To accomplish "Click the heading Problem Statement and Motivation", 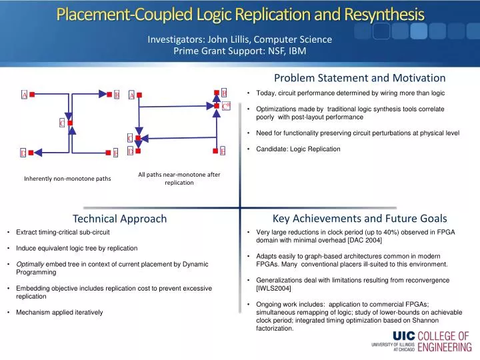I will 360,78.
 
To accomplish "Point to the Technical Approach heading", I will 119,219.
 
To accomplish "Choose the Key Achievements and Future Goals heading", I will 360,218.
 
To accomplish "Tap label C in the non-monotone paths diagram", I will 61,123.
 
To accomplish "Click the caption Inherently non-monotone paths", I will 67,179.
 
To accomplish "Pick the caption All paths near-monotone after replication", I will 179,178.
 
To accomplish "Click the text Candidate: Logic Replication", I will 298,149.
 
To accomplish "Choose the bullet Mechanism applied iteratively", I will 60,312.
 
